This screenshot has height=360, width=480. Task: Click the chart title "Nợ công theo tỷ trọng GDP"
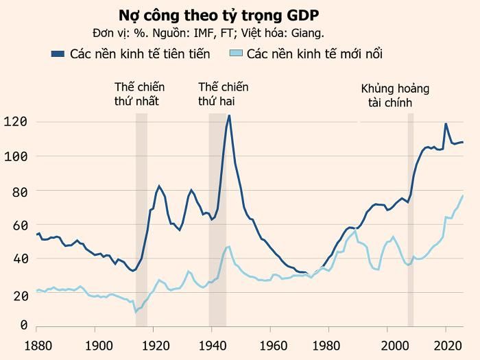click(219, 16)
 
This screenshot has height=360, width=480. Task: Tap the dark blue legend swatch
click(58, 54)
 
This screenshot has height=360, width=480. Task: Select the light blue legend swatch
click(236, 53)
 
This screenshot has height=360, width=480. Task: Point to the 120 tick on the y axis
click(16, 122)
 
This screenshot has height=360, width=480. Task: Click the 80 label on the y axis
click(20, 192)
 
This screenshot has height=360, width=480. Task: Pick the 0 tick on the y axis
click(23, 325)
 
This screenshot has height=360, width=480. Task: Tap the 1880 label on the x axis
click(38, 346)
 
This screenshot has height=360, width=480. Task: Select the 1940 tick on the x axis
click(213, 346)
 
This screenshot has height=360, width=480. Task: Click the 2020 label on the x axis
click(448, 346)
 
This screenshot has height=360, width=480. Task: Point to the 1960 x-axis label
click(272, 346)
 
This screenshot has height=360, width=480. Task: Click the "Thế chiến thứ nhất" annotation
click(139, 94)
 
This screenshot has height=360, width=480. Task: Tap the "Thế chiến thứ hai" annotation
click(223, 94)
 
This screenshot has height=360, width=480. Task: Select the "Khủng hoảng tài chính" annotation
click(395, 95)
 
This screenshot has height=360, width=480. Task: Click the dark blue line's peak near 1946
click(229, 115)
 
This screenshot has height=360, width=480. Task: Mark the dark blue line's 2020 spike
click(446, 123)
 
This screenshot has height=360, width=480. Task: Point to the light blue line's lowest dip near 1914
click(136, 312)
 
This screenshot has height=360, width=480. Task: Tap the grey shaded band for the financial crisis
click(411, 219)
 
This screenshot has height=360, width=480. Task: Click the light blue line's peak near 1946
click(229, 246)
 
